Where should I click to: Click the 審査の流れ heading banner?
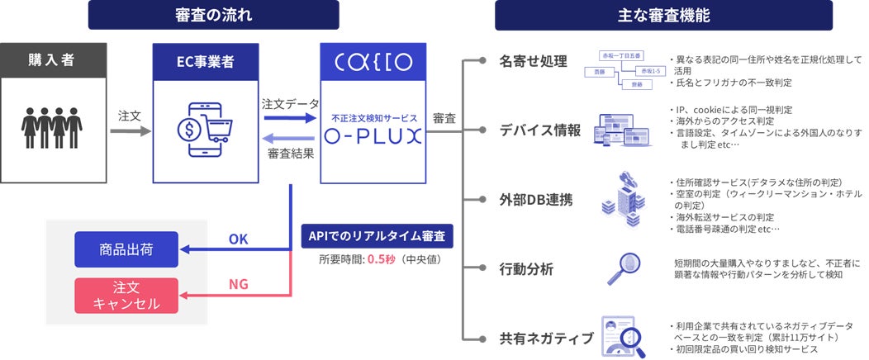pos(213,15)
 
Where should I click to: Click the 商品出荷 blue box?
pos(126,249)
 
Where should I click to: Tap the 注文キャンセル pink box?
pos(126,295)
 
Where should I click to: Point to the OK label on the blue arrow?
pos(238,239)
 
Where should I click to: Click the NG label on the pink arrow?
pos(238,285)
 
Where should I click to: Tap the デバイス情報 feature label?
pos(540,130)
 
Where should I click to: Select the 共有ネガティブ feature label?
pos(546,338)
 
